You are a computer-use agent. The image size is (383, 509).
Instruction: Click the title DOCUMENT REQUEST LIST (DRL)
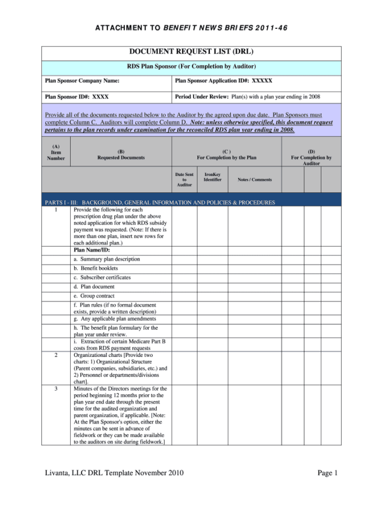[191, 51]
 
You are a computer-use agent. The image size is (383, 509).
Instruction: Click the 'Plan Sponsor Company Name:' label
[82, 81]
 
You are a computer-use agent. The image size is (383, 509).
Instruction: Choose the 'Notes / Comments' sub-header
[255, 180]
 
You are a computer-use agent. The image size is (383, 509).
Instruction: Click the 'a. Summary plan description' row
[107, 259]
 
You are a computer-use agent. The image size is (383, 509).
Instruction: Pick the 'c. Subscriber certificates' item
[102, 278]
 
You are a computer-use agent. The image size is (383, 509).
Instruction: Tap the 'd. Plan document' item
[94, 287]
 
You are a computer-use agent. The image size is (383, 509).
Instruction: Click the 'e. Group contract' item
[94, 296]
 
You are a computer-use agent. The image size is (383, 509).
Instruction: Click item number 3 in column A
[56, 389]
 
